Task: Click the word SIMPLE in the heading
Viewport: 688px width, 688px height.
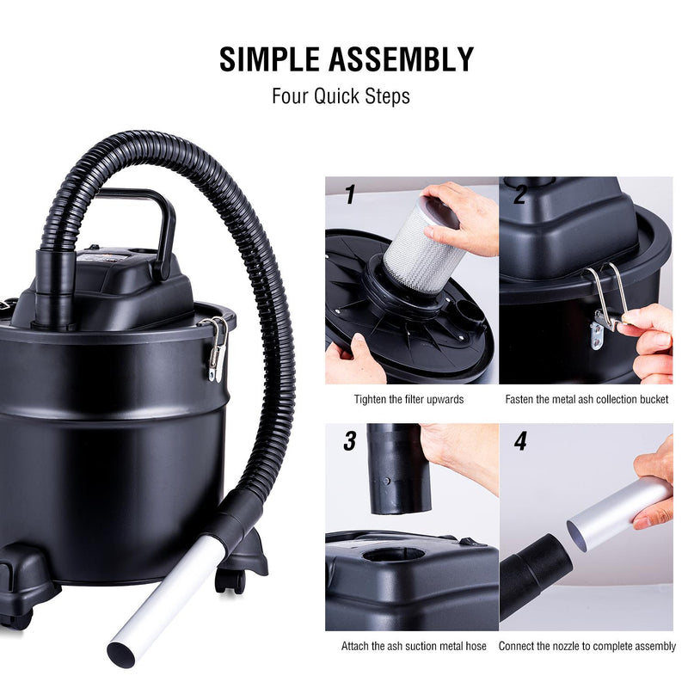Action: (x=269, y=59)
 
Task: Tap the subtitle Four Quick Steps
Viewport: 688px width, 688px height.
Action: (x=341, y=96)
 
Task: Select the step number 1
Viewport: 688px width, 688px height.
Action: (x=350, y=194)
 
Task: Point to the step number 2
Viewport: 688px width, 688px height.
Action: (x=519, y=194)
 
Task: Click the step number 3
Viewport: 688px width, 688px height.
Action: (x=350, y=441)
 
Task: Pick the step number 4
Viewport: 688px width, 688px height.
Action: (x=520, y=441)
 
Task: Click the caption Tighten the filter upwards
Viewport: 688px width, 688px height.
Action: (x=409, y=399)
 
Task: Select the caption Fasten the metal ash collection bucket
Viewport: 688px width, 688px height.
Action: (x=587, y=399)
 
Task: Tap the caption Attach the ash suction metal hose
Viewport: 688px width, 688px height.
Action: (x=414, y=646)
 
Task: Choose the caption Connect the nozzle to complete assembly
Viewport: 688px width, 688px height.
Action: (x=587, y=646)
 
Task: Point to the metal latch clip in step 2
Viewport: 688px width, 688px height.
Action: (x=607, y=303)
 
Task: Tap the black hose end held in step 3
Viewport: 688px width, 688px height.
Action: (x=398, y=469)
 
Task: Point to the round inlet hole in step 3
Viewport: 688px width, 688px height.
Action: (x=394, y=554)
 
